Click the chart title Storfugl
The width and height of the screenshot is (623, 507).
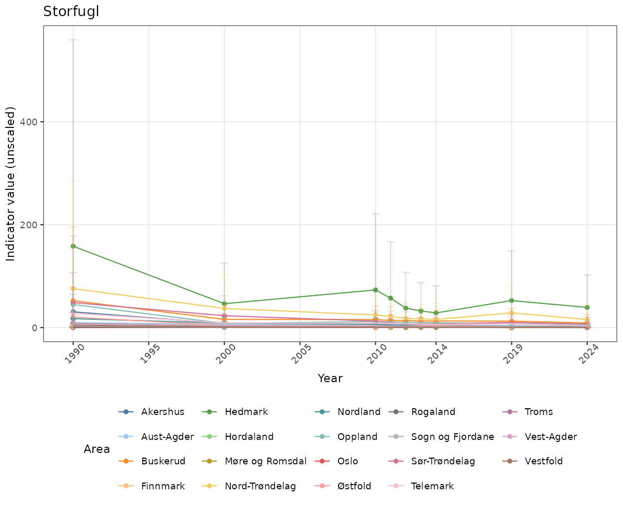[71, 11]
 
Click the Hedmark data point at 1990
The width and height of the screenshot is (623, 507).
[73, 246]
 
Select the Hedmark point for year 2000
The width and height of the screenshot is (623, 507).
[224, 304]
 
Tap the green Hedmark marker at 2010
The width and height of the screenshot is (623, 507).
[375, 290]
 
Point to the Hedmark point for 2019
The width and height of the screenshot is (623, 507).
[511, 301]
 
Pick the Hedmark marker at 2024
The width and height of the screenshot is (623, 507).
[587, 307]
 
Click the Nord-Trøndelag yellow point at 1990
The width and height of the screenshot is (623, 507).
[73, 289]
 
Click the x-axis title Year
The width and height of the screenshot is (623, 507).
[330, 379]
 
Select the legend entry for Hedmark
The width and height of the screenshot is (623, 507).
[246, 412]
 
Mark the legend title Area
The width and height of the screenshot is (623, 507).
[97, 449]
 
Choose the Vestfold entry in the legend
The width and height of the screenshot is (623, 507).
[544, 461]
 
